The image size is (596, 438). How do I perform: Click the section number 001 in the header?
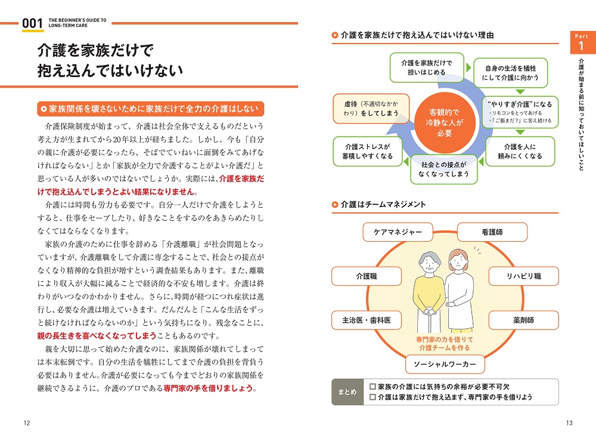point(32,23)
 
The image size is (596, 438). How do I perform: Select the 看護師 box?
point(492,232)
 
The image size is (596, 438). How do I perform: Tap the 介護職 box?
point(367,276)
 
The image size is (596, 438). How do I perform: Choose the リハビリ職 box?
point(523,276)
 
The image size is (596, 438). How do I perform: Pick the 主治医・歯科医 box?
point(367,320)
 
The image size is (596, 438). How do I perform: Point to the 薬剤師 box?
point(523,320)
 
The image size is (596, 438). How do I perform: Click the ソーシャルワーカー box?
point(445,364)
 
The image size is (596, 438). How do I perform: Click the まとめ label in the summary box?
point(347,392)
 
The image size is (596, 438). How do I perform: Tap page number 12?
point(27,423)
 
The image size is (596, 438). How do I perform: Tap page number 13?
point(569,423)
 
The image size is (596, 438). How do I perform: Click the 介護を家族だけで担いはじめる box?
point(427,67)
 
